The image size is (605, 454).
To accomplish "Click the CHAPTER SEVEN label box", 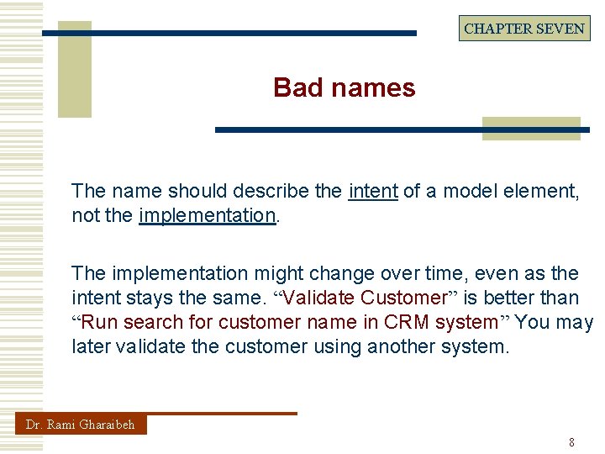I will point(524,29).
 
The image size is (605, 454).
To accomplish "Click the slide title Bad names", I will point(344,87).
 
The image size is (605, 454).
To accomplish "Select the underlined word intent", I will point(373,191).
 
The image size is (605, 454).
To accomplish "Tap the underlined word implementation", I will point(208,215).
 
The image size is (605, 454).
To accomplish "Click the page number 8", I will point(572,442).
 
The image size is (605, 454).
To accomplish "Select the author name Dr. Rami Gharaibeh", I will point(81,425).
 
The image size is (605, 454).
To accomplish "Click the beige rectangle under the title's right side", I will point(531,128).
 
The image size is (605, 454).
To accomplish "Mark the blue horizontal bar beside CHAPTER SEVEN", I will point(229,33).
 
